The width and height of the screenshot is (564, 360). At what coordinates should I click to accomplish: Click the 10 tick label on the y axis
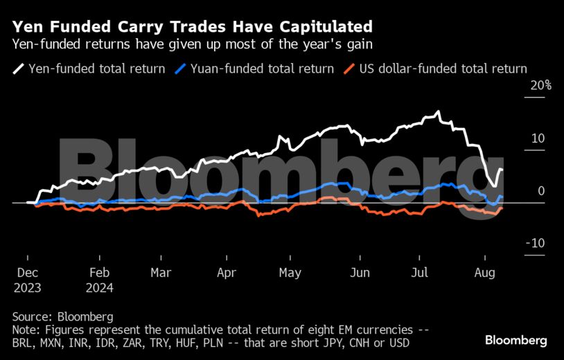pyautogui.click(x=538, y=138)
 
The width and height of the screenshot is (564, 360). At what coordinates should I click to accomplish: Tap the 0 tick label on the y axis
pyautogui.click(x=541, y=190)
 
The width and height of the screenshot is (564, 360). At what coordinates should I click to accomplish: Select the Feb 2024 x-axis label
pyautogui.click(x=100, y=280)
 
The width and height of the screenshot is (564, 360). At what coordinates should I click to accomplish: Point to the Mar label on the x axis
pyautogui.click(x=161, y=273)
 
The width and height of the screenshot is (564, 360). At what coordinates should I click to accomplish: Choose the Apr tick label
pyautogui.click(x=227, y=273)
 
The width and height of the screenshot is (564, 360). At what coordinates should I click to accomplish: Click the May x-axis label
pyautogui.click(x=290, y=273)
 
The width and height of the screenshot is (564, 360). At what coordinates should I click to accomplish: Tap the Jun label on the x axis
pyautogui.click(x=359, y=273)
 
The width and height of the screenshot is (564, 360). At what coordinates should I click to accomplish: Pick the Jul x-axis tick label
pyautogui.click(x=421, y=273)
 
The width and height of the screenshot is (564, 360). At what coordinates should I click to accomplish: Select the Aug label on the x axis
pyautogui.click(x=486, y=273)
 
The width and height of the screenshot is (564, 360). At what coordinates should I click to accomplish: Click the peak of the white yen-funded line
pyautogui.click(x=438, y=111)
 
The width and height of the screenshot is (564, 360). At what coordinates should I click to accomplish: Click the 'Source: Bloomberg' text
pyautogui.click(x=62, y=316)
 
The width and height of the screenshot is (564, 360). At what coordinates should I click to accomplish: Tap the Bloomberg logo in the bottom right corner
pyautogui.click(x=515, y=340)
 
